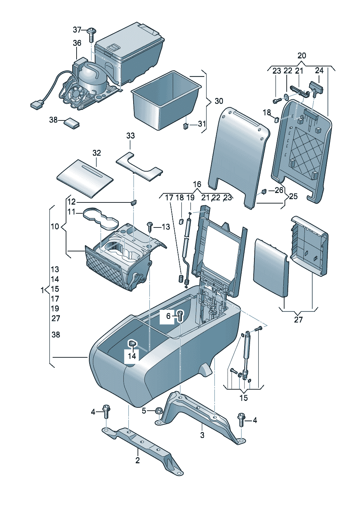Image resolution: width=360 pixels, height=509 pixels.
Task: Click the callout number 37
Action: point(77,30)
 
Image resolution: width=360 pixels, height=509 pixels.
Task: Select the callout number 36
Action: point(77,43)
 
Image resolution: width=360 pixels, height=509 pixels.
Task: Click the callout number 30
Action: point(219,101)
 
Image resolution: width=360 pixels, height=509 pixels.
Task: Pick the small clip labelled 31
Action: point(186,126)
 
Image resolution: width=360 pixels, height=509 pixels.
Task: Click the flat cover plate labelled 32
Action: point(85,177)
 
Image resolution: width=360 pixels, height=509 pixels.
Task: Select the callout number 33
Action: point(130,136)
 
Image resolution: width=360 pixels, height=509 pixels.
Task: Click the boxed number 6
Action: point(168,316)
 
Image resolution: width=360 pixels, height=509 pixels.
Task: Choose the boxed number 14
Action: point(132,356)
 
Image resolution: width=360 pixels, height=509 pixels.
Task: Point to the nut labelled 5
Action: point(159,411)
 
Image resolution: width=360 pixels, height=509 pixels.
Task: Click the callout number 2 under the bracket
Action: point(138,460)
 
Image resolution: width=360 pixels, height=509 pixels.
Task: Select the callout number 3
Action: point(202,435)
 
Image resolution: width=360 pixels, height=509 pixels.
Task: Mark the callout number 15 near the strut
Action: point(244,398)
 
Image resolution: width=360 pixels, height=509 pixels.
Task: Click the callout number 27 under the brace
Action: point(298,320)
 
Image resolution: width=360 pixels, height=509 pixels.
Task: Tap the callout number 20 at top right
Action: point(302,56)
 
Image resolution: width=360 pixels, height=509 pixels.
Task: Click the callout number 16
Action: point(197,184)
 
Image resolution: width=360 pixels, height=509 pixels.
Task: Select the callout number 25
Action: point(293,196)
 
